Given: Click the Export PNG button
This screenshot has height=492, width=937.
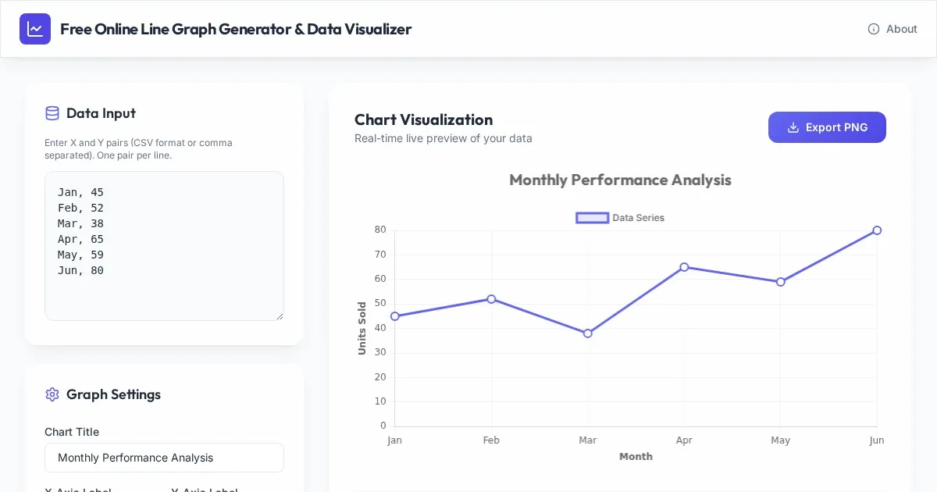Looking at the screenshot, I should tap(827, 127).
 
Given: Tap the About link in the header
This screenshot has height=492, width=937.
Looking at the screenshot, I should tap(892, 29).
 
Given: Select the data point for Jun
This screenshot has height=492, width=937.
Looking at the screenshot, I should tap(877, 230).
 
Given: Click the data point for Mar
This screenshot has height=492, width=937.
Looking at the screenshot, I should tap(588, 333).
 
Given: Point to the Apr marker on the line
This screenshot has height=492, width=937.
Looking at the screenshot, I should tap(684, 267).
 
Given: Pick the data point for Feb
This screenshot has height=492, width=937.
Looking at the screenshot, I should tap(491, 299).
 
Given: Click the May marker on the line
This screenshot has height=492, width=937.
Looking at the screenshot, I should tap(781, 282).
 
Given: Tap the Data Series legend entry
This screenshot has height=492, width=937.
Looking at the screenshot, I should tap(620, 218).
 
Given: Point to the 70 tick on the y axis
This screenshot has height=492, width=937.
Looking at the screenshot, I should tap(380, 255).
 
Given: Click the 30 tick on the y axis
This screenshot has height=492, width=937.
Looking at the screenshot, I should tap(380, 352).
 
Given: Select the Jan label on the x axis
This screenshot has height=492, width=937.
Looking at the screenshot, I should tap(394, 440).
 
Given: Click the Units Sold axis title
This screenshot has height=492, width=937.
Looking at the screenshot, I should tap(362, 328).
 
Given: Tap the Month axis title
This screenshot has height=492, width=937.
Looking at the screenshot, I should tap(636, 457).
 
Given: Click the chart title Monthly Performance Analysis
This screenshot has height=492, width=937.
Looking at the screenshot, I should tap(620, 180).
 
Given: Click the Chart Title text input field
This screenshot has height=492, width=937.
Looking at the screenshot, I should tap(164, 458).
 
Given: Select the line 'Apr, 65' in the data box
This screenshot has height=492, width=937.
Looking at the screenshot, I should tap(80, 239).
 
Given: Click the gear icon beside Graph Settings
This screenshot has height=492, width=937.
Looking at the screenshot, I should tap(52, 394).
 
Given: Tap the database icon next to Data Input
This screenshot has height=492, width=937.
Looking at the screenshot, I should tap(52, 113).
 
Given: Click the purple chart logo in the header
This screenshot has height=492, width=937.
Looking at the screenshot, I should tap(35, 29).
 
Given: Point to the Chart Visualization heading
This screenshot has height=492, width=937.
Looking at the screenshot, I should tap(423, 119).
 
